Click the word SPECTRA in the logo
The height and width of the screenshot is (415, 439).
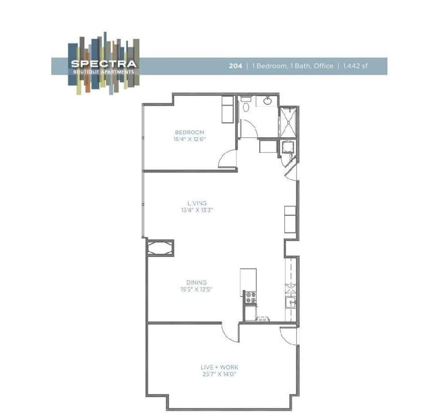pyautogui.click(x=103, y=63)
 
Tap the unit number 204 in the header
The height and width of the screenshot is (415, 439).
pyautogui.click(x=235, y=66)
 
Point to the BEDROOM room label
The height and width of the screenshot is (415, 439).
pyautogui.click(x=189, y=132)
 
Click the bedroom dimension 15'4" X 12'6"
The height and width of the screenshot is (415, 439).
pyautogui.click(x=189, y=139)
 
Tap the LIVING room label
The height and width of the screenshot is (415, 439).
pyautogui.click(x=197, y=203)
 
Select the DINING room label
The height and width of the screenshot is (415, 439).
pyautogui.click(x=196, y=282)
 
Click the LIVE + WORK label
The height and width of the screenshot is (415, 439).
pyautogui.click(x=219, y=367)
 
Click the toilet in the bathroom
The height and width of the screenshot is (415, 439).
pyautogui.click(x=246, y=103)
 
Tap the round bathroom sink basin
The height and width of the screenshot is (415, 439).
pyautogui.click(x=267, y=101)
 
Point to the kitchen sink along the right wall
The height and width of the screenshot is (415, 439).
pyautogui.click(x=291, y=302)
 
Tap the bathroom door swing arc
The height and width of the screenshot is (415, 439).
pyautogui.click(x=250, y=129)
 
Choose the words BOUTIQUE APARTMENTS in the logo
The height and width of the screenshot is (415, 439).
pyautogui.click(x=103, y=71)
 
